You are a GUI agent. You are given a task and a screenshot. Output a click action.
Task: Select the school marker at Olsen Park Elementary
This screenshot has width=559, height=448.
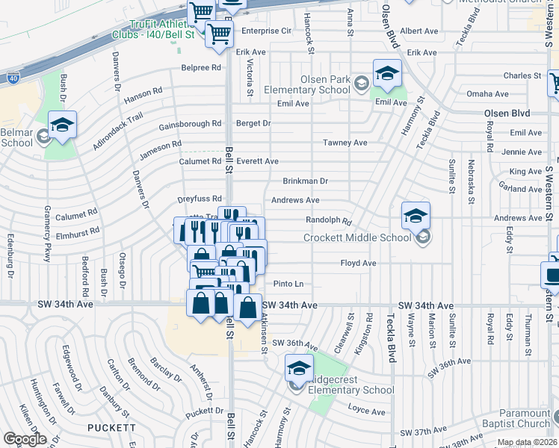[x=387, y=73]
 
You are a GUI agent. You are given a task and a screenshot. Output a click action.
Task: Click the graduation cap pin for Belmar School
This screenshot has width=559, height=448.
[x=63, y=125]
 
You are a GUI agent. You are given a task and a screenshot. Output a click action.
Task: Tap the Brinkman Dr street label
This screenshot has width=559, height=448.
[x=305, y=181]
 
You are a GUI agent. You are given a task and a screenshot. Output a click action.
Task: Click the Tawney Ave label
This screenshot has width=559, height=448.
[x=345, y=143]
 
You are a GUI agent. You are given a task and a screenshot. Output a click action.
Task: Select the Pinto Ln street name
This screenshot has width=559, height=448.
[x=288, y=284]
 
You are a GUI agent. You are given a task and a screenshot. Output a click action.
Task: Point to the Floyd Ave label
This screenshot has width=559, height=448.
[x=358, y=264]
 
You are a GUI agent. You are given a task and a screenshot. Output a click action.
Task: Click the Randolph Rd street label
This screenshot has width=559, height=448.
[x=328, y=221]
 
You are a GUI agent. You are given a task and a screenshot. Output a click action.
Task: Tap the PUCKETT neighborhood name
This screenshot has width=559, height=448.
[x=111, y=428]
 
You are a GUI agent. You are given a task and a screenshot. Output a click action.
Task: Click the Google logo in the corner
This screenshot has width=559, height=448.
[x=25, y=439]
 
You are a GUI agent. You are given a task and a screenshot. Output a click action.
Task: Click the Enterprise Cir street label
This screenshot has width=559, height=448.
[x=265, y=31]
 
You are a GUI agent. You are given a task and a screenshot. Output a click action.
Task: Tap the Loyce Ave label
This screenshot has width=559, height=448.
[x=366, y=411]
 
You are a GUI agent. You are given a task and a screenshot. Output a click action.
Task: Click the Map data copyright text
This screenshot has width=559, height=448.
[x=527, y=443]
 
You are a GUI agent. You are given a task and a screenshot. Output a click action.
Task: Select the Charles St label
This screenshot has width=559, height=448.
[x=522, y=76]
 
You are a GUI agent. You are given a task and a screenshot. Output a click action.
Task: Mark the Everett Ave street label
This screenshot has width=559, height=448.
[x=257, y=161]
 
